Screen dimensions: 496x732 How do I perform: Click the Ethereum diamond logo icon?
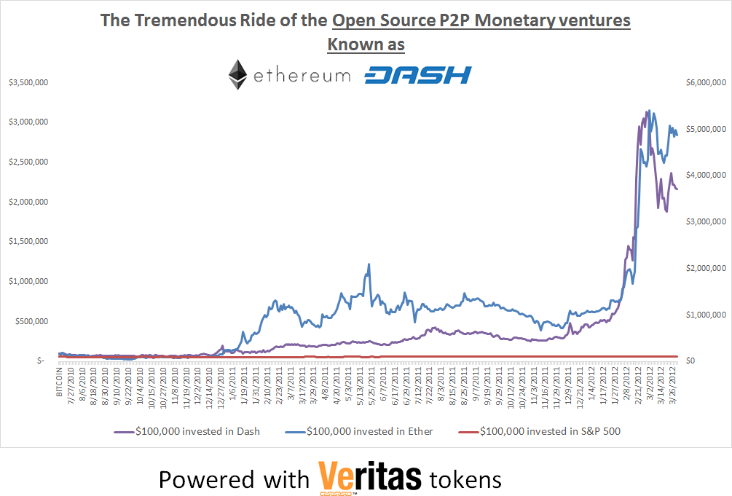click(237, 75)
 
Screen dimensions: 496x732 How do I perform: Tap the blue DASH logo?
click(417, 75)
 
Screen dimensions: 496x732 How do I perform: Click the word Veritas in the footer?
click(370, 478)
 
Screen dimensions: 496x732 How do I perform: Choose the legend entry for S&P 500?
click(549, 431)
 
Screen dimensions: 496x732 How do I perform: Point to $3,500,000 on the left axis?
click(28, 82)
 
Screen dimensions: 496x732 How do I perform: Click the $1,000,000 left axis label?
click(28, 281)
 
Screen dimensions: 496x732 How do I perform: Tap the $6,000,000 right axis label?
click(707, 82)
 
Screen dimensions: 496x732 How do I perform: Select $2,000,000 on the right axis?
click(707, 268)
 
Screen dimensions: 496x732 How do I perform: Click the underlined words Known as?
click(366, 44)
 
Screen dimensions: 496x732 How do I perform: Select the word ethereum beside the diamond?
click(302, 76)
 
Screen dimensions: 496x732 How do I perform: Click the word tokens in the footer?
click(465, 479)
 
